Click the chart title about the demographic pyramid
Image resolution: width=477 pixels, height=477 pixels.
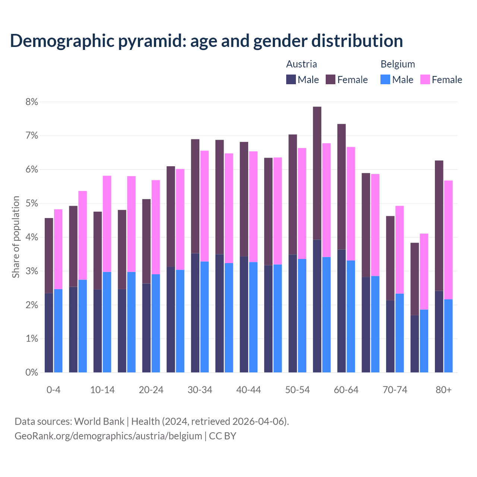[206, 41]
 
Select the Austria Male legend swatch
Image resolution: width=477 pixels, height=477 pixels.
[291, 79]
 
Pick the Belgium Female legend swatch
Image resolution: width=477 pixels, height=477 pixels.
[425, 79]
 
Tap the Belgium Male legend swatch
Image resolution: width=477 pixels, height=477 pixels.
[385, 79]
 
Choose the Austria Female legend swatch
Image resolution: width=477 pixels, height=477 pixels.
[331, 79]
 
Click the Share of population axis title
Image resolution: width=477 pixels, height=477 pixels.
[16, 237]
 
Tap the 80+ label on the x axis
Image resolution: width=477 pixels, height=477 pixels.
[443, 390]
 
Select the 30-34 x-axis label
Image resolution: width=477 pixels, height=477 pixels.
[200, 390]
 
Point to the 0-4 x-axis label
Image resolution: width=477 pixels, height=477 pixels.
[53, 390]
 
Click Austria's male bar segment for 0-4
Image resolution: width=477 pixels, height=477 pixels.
[49, 333]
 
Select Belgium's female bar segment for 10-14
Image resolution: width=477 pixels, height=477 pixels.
[107, 224]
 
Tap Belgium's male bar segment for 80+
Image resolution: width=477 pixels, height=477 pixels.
[448, 336]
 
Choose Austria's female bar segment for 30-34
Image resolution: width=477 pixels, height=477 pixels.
[195, 196]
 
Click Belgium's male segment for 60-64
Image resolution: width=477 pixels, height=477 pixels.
[351, 316]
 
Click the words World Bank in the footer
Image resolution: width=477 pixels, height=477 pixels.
[99, 421]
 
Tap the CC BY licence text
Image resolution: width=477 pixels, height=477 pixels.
[222, 436]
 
